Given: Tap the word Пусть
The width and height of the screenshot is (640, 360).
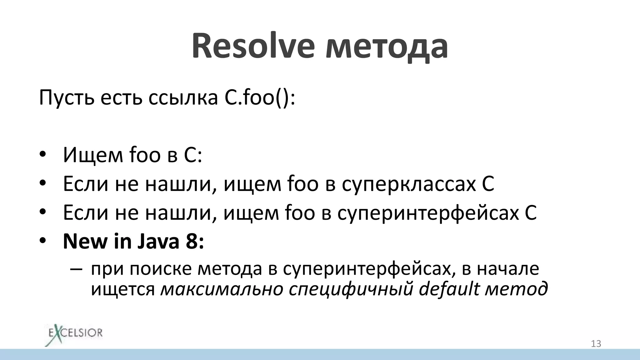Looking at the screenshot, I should (67, 97).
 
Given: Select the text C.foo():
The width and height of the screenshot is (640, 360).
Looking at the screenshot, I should (259, 97).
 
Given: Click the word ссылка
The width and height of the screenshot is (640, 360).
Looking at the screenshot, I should (183, 97).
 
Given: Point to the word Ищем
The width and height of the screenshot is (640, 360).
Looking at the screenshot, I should (93, 155).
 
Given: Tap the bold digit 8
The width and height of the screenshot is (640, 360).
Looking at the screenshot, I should (192, 241).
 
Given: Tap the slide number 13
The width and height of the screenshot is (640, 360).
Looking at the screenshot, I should (596, 344).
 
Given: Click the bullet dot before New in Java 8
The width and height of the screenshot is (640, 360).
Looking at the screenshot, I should (43, 241).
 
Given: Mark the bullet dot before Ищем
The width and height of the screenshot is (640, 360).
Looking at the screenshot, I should (43, 155).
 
